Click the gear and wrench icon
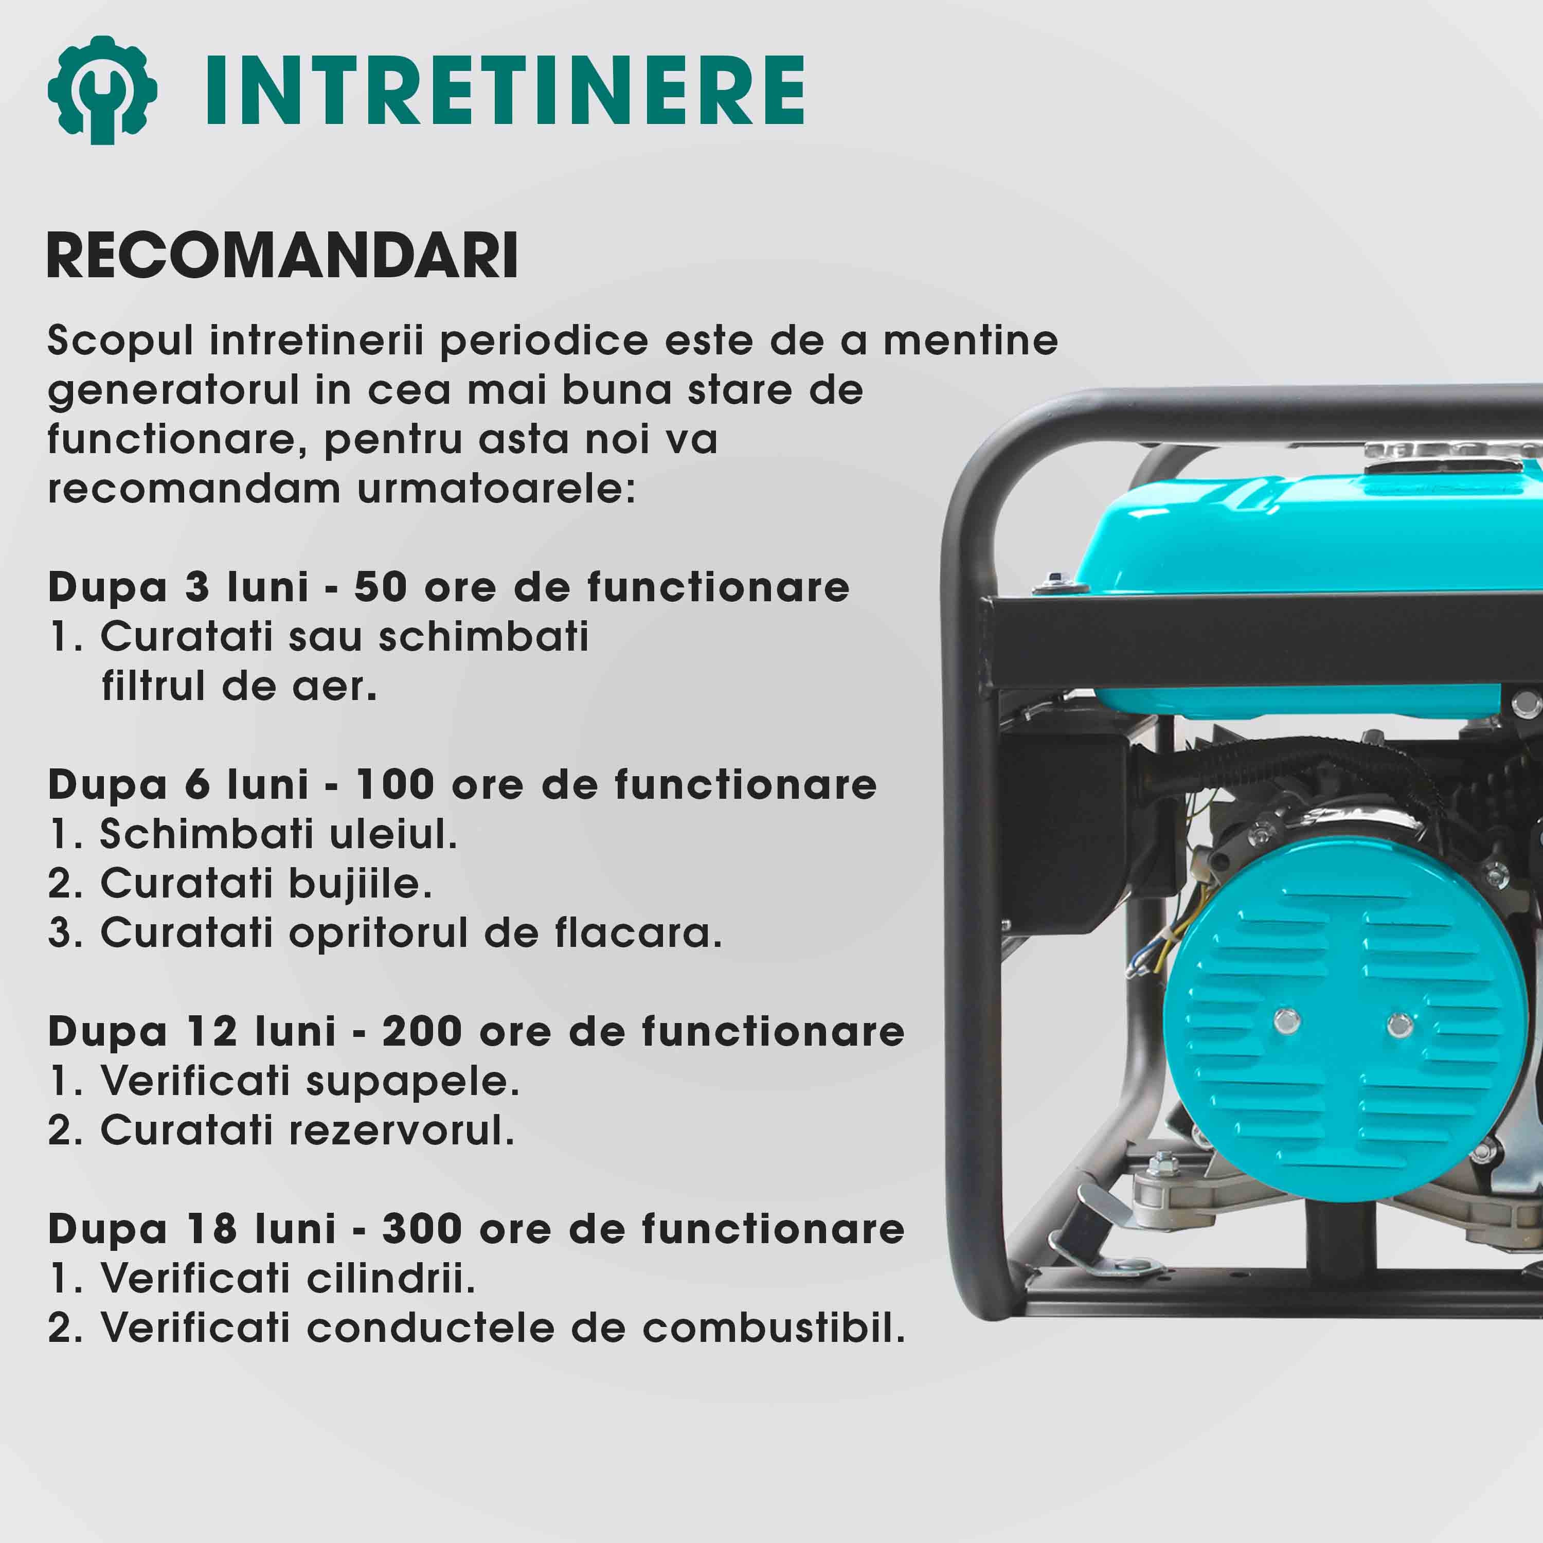(102, 89)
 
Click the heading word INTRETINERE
(505, 90)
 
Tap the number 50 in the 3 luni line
(381, 587)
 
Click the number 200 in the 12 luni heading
(422, 1031)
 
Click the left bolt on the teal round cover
(1287, 1020)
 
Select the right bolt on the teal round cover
(1399, 1025)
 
